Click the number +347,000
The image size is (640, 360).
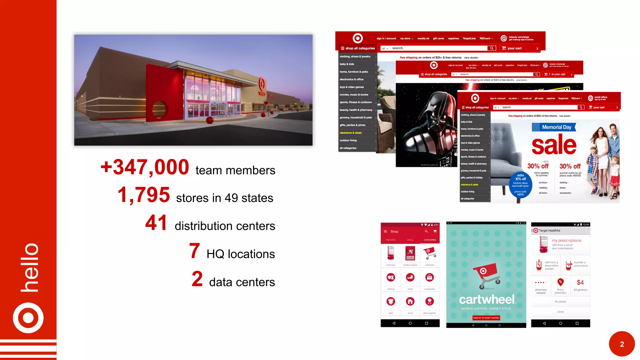(145, 167)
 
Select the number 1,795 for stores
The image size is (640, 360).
(144, 195)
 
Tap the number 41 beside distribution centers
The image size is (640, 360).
(156, 223)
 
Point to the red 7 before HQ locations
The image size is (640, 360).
(194, 251)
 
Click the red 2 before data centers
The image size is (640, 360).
(197, 279)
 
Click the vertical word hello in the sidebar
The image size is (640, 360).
(30, 267)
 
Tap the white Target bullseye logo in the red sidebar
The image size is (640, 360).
(28, 318)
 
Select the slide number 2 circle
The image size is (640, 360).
(622, 344)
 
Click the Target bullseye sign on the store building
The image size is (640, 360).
(262, 84)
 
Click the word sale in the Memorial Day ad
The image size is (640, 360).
(554, 145)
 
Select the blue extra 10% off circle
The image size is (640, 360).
(521, 185)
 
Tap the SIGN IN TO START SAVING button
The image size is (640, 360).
(486, 318)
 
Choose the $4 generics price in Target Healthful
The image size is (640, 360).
(580, 283)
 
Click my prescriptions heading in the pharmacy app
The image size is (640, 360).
(566, 240)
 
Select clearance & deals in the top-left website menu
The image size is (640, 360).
(351, 133)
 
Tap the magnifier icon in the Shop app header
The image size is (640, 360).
(426, 232)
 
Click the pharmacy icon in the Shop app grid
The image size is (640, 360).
(391, 253)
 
